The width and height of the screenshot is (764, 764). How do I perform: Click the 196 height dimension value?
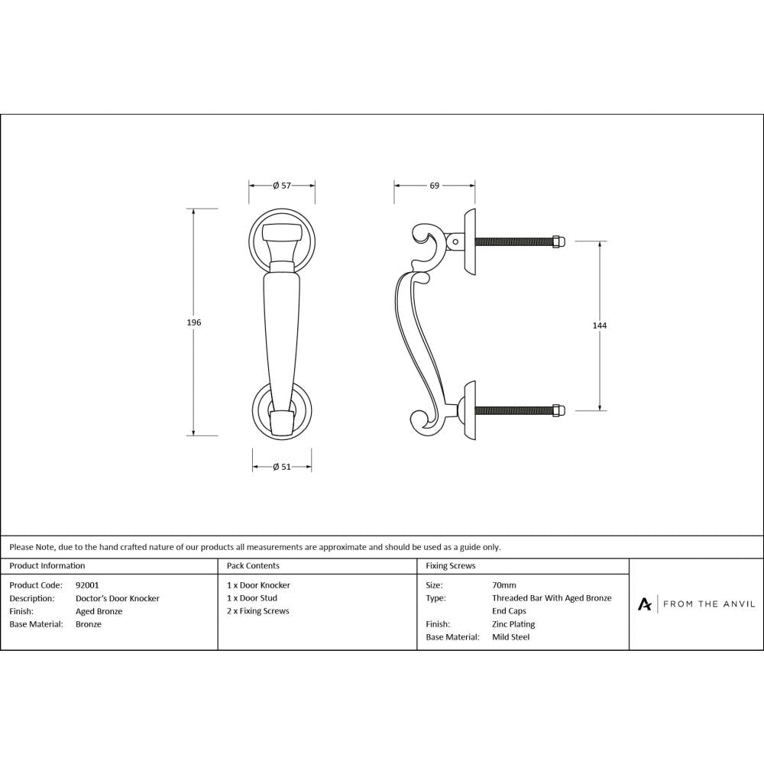pos(194,323)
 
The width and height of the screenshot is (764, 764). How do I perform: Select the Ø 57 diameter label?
pos(282,186)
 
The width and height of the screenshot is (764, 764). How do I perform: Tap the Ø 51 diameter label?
pos(282,468)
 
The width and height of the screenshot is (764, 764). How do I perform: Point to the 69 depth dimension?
pos(434,186)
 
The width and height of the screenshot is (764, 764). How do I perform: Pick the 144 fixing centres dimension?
pos(600,325)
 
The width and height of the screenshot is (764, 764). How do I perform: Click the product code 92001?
pos(88,585)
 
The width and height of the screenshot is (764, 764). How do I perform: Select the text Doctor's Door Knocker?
pos(118,598)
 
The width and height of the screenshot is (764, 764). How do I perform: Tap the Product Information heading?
pos(47,566)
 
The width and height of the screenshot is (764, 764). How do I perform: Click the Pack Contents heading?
pos(253,566)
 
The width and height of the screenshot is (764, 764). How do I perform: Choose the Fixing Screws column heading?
pos(451,566)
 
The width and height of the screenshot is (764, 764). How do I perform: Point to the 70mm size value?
pos(504,585)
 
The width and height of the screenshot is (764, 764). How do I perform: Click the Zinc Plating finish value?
pos(513,624)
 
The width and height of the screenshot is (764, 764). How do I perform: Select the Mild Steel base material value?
pos(511,636)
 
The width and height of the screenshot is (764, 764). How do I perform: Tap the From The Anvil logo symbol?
pos(645,604)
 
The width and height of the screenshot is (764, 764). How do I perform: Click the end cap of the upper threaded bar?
pos(558,241)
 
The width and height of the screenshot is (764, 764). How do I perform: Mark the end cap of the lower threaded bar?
pos(558,410)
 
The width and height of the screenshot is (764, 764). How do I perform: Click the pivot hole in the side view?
pos(456,242)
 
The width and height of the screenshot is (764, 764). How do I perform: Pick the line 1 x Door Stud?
pos(252,598)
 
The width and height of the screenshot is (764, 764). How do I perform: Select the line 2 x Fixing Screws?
pos(258,611)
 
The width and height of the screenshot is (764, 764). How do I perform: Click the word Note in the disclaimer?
pos(47,547)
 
